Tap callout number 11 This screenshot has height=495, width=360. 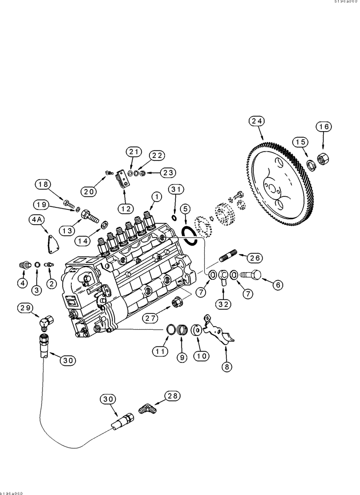tap(160, 351)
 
